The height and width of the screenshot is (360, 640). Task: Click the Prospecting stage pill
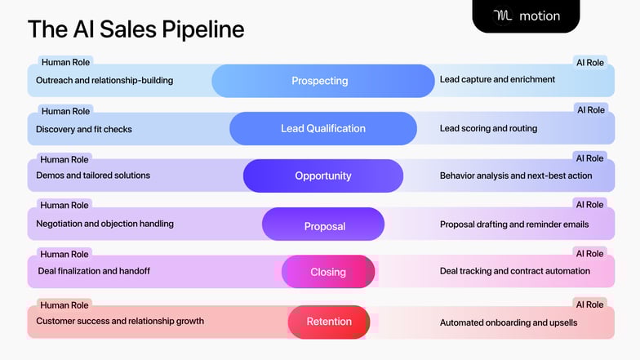point(322,81)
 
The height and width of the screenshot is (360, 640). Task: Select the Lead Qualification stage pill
point(322,128)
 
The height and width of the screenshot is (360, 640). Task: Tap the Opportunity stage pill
point(322,176)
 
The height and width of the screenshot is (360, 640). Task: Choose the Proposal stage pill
point(323,224)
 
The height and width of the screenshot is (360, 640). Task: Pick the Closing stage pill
point(328,272)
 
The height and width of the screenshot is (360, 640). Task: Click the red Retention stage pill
point(328,322)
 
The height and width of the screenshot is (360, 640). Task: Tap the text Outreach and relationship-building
point(104,80)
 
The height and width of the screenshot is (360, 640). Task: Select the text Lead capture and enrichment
point(497,79)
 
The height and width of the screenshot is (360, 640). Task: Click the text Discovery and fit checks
point(84,129)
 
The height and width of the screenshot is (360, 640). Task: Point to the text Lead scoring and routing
point(488,128)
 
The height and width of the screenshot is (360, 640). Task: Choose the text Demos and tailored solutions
point(93,175)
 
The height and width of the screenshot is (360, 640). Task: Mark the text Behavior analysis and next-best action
point(516,176)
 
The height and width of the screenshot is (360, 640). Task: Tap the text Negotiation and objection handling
point(104,223)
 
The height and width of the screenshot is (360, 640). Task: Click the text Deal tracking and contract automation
point(514,271)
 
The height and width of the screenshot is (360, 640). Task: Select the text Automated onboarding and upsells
point(508,322)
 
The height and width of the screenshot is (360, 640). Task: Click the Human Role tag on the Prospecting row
point(65,62)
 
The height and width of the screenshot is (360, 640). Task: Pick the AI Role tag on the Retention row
point(589,304)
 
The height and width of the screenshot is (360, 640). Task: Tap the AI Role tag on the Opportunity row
point(589,158)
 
